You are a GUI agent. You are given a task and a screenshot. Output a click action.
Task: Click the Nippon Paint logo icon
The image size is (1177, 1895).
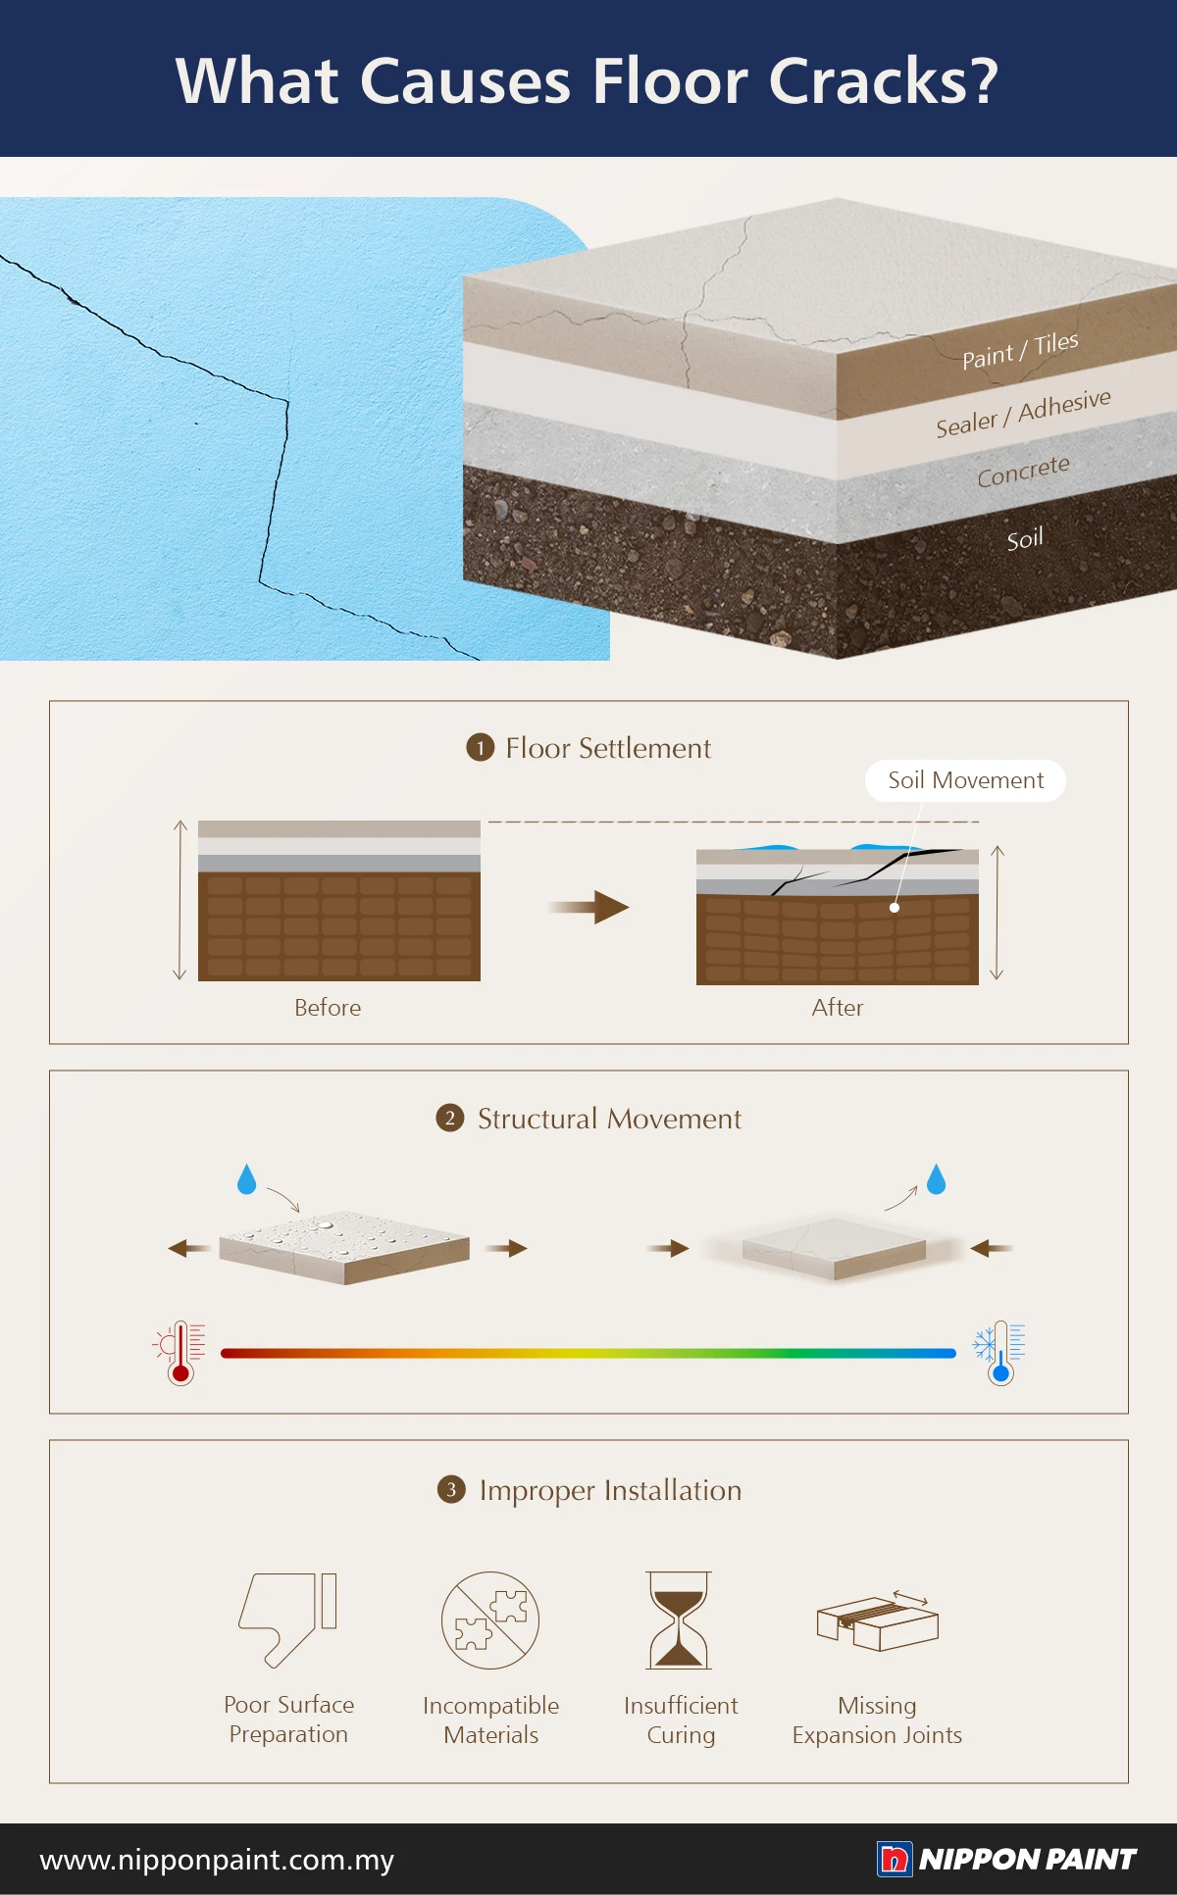895,1859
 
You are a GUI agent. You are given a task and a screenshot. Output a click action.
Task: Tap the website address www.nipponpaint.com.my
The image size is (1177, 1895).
217,1860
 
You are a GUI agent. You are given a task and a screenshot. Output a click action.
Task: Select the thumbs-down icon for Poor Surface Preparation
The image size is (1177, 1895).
288,1621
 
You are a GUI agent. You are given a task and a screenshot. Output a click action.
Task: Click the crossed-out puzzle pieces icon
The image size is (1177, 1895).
490,1621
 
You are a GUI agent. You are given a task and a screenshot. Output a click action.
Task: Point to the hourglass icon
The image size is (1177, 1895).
679,1621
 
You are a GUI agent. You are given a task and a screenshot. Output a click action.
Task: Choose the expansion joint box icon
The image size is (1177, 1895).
878,1621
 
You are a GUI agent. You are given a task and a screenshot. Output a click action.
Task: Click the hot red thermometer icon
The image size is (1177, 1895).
179,1353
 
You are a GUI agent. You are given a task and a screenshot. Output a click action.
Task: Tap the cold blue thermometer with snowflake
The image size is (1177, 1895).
998,1353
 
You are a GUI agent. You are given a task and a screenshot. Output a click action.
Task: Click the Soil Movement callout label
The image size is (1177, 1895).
965,780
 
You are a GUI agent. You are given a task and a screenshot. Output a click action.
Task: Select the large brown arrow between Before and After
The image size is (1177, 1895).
588,907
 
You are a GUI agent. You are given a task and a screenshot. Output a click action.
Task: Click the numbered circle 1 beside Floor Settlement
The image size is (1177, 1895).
480,748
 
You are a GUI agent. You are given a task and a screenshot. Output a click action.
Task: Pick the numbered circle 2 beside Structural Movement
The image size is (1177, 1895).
450,1118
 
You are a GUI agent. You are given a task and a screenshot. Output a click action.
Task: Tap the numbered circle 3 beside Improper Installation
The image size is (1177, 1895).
451,1489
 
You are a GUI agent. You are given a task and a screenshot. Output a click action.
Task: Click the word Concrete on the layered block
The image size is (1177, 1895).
1023,472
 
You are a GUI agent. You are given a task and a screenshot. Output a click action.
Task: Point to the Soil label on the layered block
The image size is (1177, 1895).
1025,538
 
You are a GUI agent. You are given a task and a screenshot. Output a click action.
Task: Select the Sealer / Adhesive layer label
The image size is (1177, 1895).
1023,413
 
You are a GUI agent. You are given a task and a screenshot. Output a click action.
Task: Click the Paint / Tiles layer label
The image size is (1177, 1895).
1020,350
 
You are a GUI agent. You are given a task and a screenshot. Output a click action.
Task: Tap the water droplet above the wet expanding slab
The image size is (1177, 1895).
246,1178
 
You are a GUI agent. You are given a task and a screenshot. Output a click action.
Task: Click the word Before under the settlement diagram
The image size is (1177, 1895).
328,1007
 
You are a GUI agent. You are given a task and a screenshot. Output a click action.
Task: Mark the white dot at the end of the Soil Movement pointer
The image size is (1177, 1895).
895,908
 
